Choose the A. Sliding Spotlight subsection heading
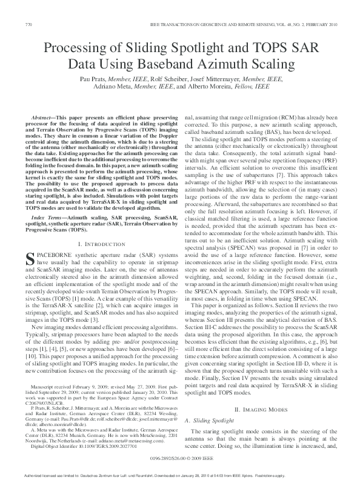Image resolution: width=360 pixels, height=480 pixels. click(x=218, y=419)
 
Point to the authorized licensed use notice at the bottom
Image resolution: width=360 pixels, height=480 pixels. click(x=180, y=476)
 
